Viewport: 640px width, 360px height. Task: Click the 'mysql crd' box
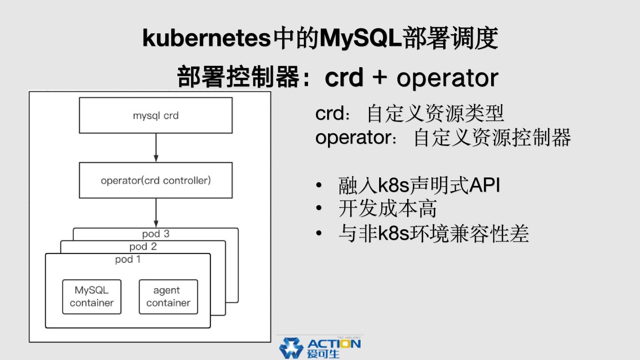coord(156,116)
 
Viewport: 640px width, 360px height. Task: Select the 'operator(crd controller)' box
coord(156,180)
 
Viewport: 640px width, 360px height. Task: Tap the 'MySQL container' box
coord(92,296)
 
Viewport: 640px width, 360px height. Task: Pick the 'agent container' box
coord(168,296)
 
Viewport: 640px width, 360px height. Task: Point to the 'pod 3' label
coord(156,234)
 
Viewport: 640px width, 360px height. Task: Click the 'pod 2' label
coord(143,246)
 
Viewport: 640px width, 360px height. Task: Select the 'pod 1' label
coord(128,259)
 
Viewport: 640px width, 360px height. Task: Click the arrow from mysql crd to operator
coord(156,148)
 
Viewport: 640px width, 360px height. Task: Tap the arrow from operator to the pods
coord(156,212)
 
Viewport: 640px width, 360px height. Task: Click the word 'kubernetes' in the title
coord(206,38)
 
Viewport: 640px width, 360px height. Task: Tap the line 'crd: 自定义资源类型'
coord(409,114)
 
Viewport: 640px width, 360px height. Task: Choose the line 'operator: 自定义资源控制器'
coord(443,138)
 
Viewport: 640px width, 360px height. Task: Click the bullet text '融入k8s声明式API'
coord(419,185)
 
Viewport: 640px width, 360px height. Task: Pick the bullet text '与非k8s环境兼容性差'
coord(433,233)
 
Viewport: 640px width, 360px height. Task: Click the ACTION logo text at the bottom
coord(333,347)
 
